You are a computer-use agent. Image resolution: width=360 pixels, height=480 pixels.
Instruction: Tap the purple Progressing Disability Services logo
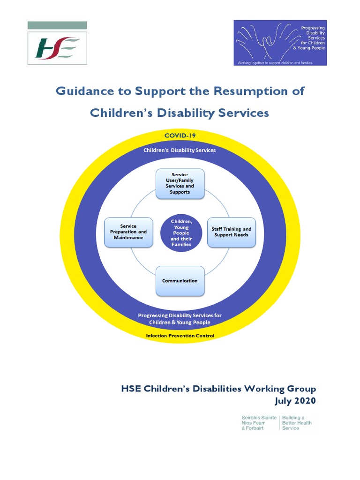(280, 42)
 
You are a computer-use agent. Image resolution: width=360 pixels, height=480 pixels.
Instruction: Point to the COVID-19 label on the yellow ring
(180, 135)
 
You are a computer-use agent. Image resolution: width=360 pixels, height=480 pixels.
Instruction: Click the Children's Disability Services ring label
(180, 150)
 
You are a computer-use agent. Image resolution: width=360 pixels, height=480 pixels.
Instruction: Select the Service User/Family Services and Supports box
(180, 183)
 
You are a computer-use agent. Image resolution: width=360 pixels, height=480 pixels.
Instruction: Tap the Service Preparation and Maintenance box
(128, 232)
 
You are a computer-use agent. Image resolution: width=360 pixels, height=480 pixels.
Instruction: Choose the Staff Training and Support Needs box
(232, 232)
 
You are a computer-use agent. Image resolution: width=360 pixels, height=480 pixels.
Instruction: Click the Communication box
(180, 281)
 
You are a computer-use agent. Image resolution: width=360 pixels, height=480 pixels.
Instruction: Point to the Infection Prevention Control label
(180, 336)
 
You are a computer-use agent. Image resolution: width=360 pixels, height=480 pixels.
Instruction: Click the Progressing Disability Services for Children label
(180, 319)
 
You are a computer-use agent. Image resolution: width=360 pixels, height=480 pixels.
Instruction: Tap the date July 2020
(295, 401)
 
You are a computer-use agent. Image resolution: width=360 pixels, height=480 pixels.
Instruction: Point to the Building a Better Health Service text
(296, 422)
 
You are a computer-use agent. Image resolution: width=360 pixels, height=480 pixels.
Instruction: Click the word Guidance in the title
(84, 91)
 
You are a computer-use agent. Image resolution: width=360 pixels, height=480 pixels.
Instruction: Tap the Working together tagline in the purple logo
(275, 62)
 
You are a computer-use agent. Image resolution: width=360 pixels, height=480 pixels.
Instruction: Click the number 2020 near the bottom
(305, 401)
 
